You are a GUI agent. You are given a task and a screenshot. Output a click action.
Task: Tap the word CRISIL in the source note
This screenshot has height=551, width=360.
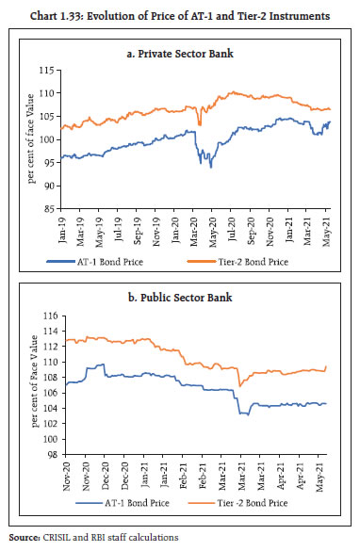(58, 538)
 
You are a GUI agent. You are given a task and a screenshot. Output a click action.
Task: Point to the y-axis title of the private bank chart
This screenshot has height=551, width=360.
(28, 138)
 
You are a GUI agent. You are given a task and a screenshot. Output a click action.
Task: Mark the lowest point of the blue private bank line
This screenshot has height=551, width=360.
(210, 167)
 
